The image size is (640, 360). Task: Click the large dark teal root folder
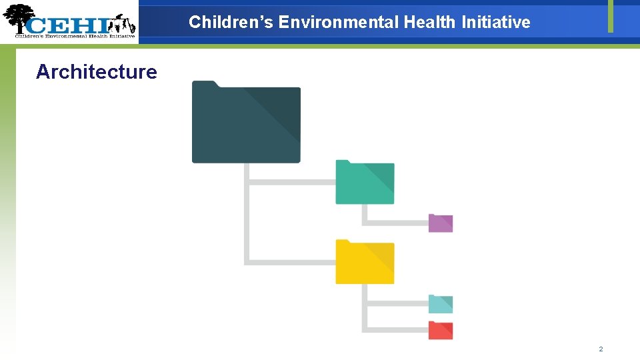point(246,123)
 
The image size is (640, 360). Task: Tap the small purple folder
point(441,223)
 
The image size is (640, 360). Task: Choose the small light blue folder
point(441,304)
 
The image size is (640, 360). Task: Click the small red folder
point(441,330)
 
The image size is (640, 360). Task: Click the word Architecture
point(97,72)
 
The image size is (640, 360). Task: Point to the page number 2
point(601,349)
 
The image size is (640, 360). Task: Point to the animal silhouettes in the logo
point(123,25)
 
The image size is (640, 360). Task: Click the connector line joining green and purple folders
point(393,223)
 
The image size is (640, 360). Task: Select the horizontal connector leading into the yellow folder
point(291,262)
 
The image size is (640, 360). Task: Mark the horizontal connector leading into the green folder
point(291,182)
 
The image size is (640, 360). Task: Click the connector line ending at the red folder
point(393,329)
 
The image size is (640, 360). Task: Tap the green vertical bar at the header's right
point(610,16)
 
